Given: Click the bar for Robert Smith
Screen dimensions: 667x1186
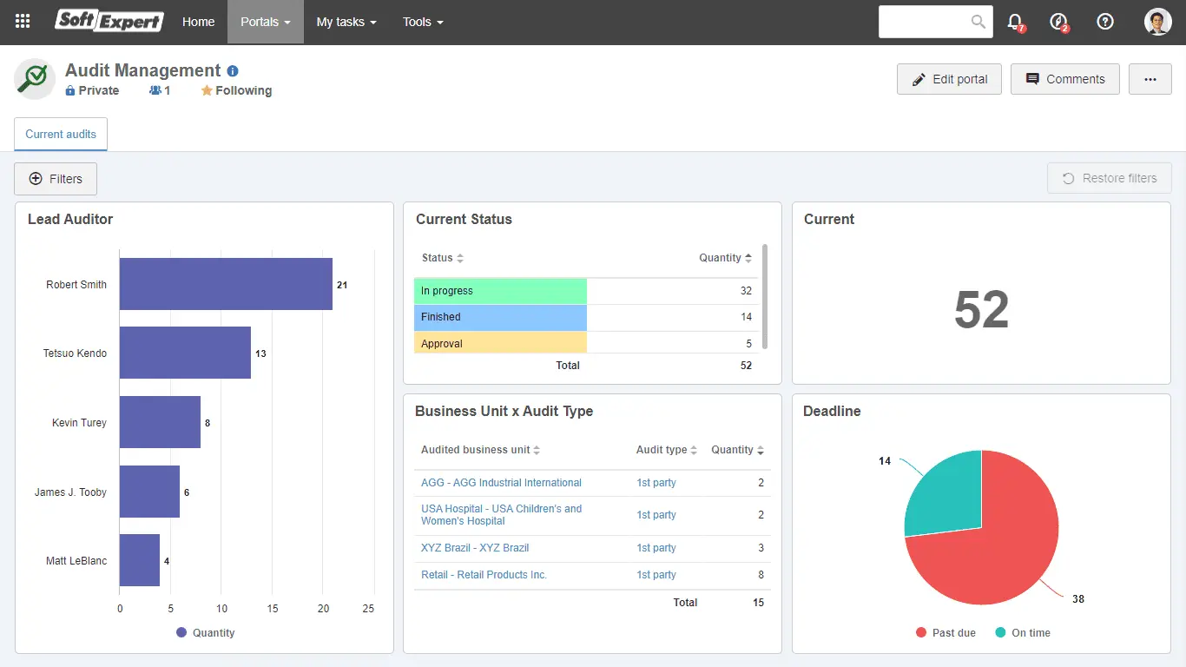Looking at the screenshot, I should pos(226,284).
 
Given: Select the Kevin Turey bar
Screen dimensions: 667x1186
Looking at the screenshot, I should pos(160,422).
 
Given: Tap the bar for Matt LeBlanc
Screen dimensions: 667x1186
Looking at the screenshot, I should pos(140,560).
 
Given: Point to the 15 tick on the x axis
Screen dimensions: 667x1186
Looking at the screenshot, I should pos(273,609).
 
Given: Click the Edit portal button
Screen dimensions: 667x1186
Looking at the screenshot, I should pos(949,79).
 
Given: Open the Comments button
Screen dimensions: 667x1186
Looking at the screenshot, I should pos(1064,79).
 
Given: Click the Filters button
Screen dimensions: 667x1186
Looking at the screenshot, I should pos(56,179).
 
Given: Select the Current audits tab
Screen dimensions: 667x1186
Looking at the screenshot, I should pos(61,135).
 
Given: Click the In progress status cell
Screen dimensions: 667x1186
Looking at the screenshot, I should pos(500,291).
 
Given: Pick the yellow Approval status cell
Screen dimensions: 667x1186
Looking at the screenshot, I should pos(500,344).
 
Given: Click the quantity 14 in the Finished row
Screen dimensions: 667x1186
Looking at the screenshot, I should pos(746,317).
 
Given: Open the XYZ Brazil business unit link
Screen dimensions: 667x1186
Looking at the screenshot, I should pos(475,548).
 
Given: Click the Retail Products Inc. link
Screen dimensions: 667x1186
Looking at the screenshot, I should pos(484,575).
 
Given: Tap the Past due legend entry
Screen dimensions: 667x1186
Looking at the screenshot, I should pos(946,633).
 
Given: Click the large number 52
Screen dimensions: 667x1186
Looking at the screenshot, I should pos(981,310).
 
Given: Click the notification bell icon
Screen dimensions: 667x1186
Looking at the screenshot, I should pos(1015,22).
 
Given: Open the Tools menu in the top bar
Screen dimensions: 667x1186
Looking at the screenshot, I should pos(423,22).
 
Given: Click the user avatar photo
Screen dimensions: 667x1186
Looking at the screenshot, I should pos(1158,22).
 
